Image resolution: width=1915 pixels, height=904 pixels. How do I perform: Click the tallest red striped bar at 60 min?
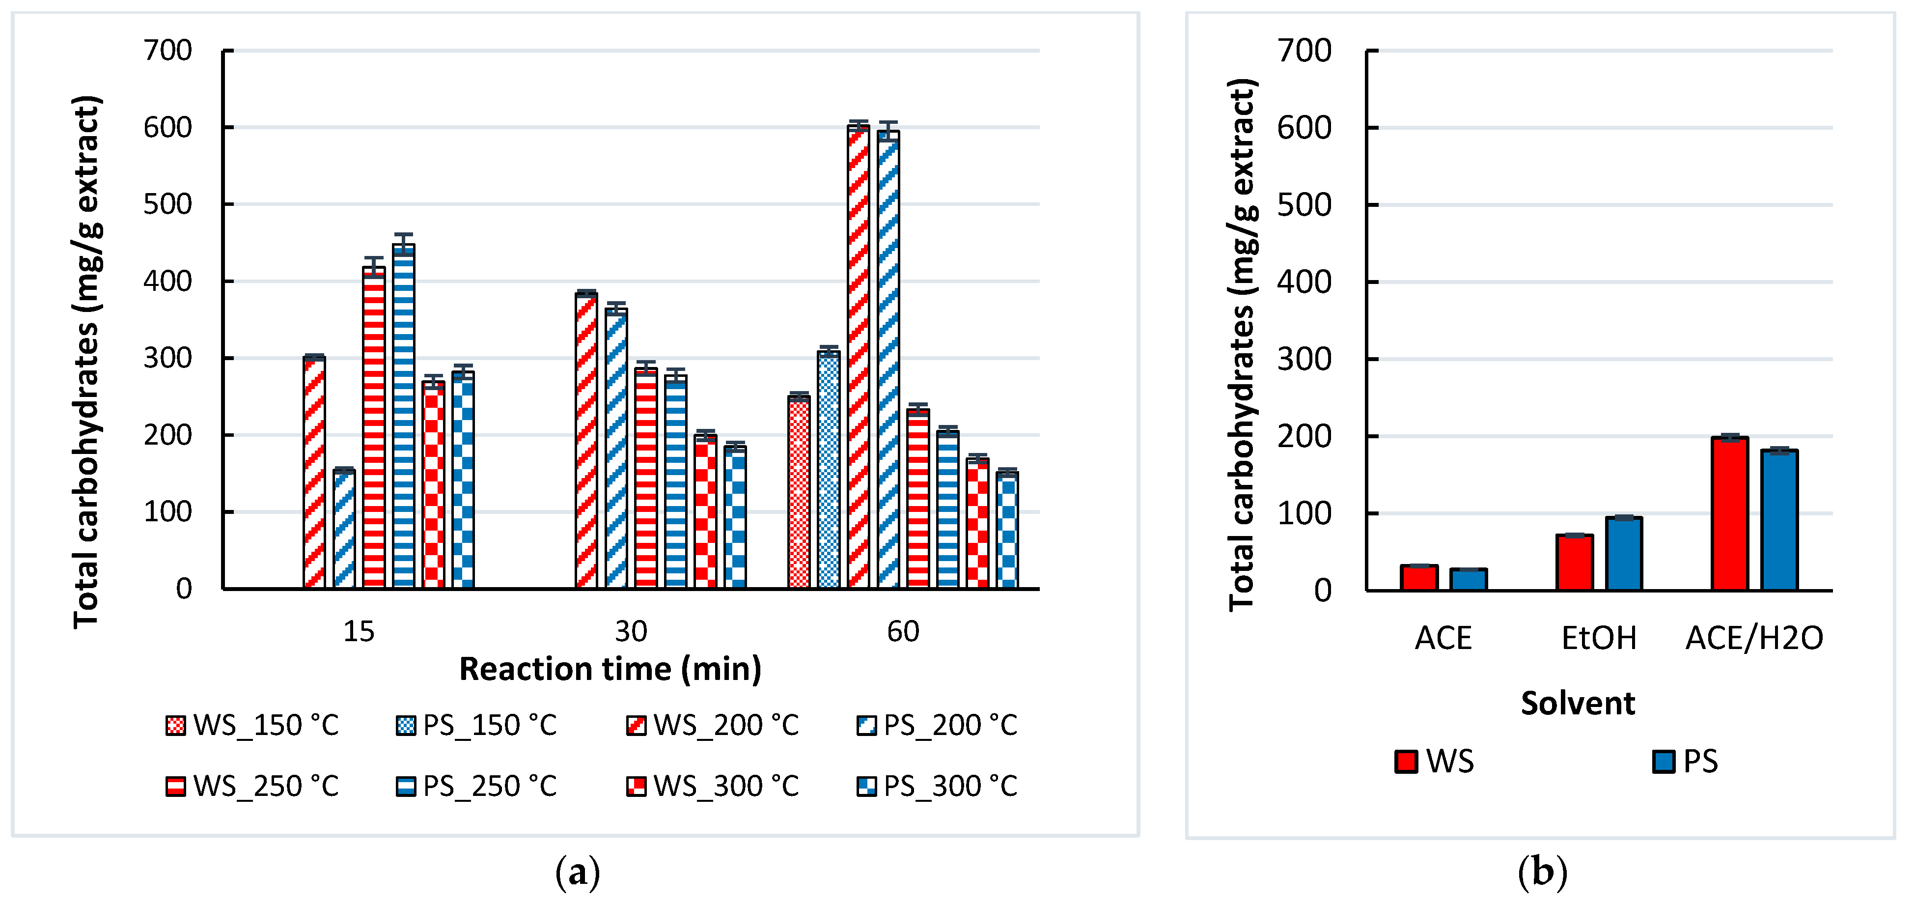click(858, 357)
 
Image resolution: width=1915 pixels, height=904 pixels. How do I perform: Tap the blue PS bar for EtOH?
click(1624, 554)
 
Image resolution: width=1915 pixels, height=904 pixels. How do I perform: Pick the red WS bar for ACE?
click(1418, 578)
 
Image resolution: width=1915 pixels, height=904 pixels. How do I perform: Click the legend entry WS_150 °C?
click(253, 725)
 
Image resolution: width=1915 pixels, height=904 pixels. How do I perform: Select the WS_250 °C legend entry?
click(253, 786)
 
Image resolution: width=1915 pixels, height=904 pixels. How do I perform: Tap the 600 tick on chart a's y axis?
click(168, 127)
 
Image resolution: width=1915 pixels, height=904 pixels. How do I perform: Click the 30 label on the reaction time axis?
click(631, 632)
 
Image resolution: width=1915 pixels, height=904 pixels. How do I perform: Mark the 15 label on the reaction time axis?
click(359, 632)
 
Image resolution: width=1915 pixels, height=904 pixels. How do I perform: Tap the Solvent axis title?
click(1578, 703)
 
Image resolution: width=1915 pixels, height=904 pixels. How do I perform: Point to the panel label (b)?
click(1542, 871)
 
